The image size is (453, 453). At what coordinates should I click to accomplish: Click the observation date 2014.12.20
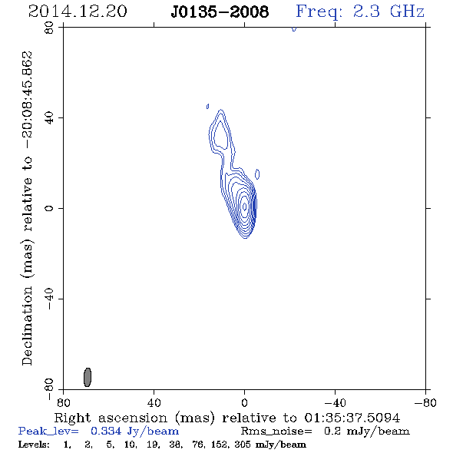tap(78, 12)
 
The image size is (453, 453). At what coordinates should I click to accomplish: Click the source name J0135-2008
tap(220, 12)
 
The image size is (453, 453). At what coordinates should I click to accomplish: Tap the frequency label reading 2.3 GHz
tap(389, 12)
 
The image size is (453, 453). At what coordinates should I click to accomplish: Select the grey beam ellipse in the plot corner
tap(88, 377)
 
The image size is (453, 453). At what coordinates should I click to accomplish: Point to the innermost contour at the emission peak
tap(245, 207)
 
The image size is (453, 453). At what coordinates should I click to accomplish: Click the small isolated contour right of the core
tap(257, 174)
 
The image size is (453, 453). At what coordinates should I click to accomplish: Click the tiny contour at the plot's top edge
tap(294, 29)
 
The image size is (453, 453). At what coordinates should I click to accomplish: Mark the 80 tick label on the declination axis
tap(49, 28)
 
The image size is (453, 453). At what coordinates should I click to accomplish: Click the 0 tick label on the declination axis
tap(49, 208)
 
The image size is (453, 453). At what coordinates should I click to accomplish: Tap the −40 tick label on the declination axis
tap(49, 299)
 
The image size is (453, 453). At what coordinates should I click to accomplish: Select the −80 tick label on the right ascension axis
tap(425, 403)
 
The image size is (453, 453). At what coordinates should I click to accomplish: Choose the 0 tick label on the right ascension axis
tap(244, 403)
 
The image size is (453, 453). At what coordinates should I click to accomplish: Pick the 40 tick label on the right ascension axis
tap(154, 403)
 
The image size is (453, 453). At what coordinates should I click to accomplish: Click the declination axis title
tap(27, 208)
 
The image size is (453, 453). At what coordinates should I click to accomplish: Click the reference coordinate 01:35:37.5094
tap(352, 418)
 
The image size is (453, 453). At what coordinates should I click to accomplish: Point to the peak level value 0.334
tap(106, 431)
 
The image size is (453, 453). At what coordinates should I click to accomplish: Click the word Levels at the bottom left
tap(34, 444)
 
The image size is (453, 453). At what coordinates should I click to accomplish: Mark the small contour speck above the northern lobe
tap(208, 107)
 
